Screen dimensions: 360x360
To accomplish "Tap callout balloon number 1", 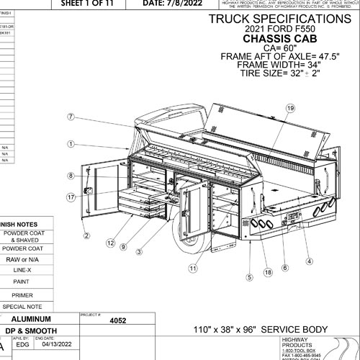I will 71,144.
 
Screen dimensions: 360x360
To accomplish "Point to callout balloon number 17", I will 71,196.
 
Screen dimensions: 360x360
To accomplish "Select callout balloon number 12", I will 110,243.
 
